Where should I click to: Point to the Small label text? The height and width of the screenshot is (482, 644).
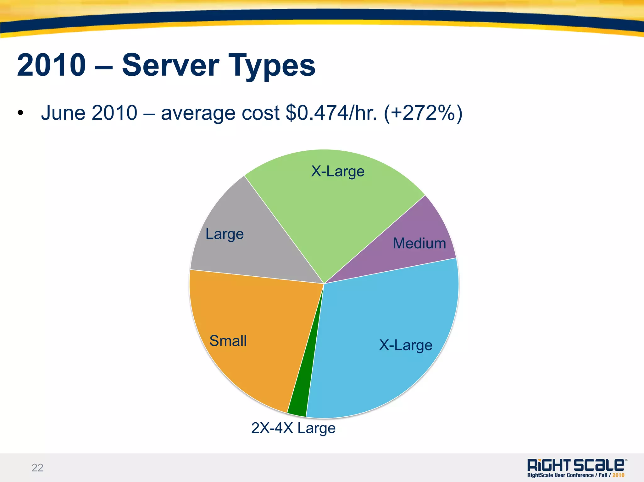tap(228, 341)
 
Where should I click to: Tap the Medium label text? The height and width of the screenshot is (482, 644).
tap(419, 243)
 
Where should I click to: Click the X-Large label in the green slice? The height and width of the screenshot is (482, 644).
tap(338, 171)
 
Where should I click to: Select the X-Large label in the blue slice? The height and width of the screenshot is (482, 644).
tap(406, 345)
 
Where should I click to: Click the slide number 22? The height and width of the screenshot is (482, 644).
tap(37, 468)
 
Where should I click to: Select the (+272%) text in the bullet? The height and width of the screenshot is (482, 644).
tap(423, 113)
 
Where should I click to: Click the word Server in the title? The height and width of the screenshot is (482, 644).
tap(170, 65)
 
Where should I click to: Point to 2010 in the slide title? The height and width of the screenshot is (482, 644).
tap(51, 65)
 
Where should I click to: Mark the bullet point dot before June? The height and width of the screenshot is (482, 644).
tap(20, 113)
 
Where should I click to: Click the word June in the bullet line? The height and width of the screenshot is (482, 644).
tap(63, 113)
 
